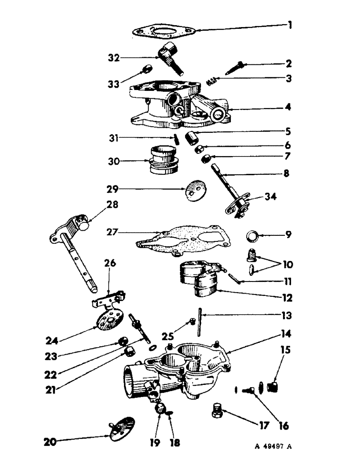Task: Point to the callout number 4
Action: [x=289, y=107]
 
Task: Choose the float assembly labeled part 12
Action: [x=198, y=280]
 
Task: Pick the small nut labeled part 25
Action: [x=192, y=321]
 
